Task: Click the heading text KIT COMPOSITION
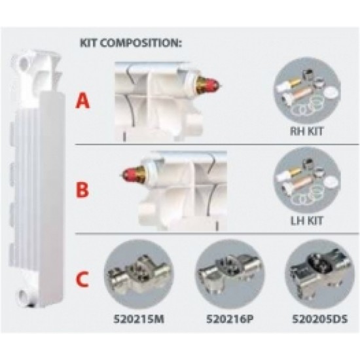tap(130, 43)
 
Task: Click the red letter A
tap(82, 101)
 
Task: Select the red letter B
tap(82, 189)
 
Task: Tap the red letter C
tap(82, 279)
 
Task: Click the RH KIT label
tap(307, 132)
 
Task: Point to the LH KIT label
tap(307, 221)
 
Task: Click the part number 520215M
tap(139, 319)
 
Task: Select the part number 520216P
tap(230, 319)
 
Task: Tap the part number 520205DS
tap(320, 319)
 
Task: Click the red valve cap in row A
tap(211, 84)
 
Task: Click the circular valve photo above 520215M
tap(139, 274)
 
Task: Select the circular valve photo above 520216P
tap(230, 274)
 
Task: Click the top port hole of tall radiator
tap(24, 62)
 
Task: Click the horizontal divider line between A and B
tap(217, 145)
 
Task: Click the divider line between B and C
tap(217, 234)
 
